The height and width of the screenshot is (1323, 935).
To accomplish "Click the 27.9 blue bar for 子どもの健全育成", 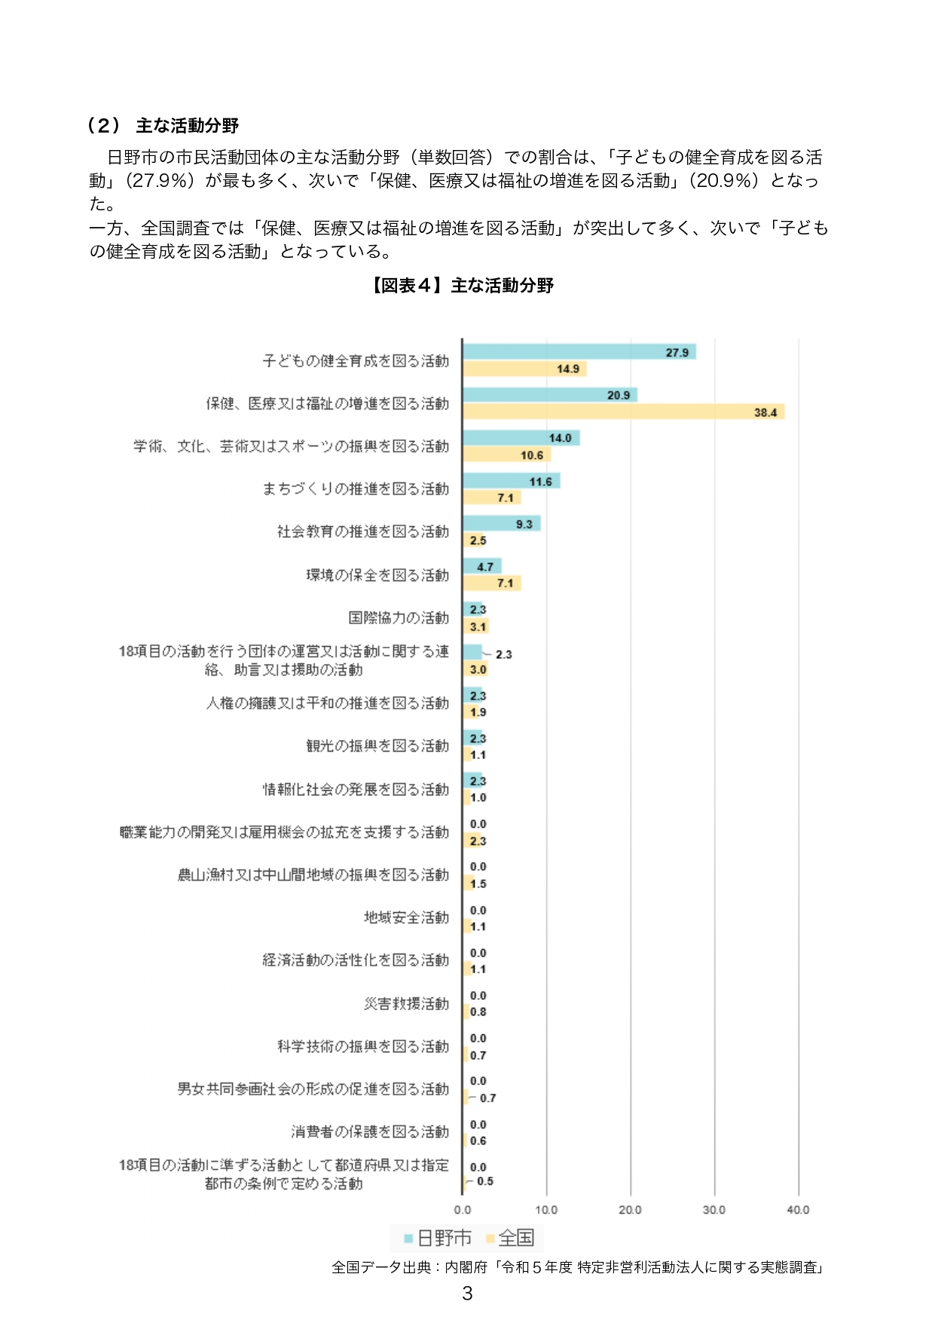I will [579, 352].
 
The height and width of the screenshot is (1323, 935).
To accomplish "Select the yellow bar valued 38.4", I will [623, 412].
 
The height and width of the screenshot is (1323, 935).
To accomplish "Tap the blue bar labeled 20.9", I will [549, 395].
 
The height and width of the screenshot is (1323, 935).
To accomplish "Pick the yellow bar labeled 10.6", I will [506, 455].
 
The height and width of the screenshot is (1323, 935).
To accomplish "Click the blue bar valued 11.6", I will [511, 481].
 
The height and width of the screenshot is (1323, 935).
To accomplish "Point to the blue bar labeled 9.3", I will [501, 524].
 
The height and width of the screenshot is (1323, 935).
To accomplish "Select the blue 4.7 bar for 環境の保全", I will [481, 566].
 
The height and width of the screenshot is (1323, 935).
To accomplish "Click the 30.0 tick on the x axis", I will [713, 1210].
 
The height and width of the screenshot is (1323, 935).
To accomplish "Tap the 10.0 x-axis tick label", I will [546, 1210].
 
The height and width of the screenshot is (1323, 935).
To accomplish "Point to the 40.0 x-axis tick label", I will [798, 1210].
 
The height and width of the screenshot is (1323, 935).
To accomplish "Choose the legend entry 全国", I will [511, 1238].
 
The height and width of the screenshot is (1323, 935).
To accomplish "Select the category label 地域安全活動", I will [406, 917].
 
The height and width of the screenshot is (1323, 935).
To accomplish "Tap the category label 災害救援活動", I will [406, 1003].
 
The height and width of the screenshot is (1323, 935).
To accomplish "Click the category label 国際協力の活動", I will [399, 618].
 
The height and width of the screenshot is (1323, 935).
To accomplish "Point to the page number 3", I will [467, 1294].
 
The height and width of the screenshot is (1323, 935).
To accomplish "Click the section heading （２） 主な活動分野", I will [163, 126].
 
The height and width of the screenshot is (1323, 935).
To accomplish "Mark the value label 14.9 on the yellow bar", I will [568, 369].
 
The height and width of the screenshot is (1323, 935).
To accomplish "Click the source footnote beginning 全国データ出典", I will [579, 1267].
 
